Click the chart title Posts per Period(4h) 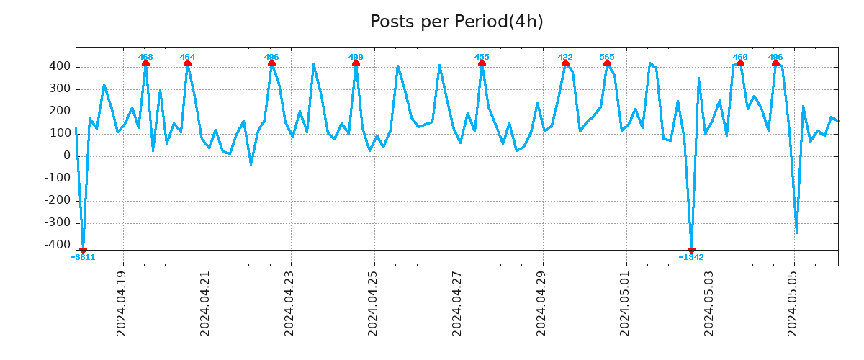456,22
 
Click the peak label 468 145,57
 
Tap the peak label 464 187,57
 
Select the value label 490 356,57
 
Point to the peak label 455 482,57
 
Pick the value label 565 607,57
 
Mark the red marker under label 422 565,63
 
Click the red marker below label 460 740,63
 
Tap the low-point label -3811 83,257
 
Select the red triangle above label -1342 691,250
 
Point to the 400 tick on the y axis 60,66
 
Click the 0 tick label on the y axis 66,156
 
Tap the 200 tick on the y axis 60,111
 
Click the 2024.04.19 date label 122,303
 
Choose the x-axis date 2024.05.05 794,303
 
